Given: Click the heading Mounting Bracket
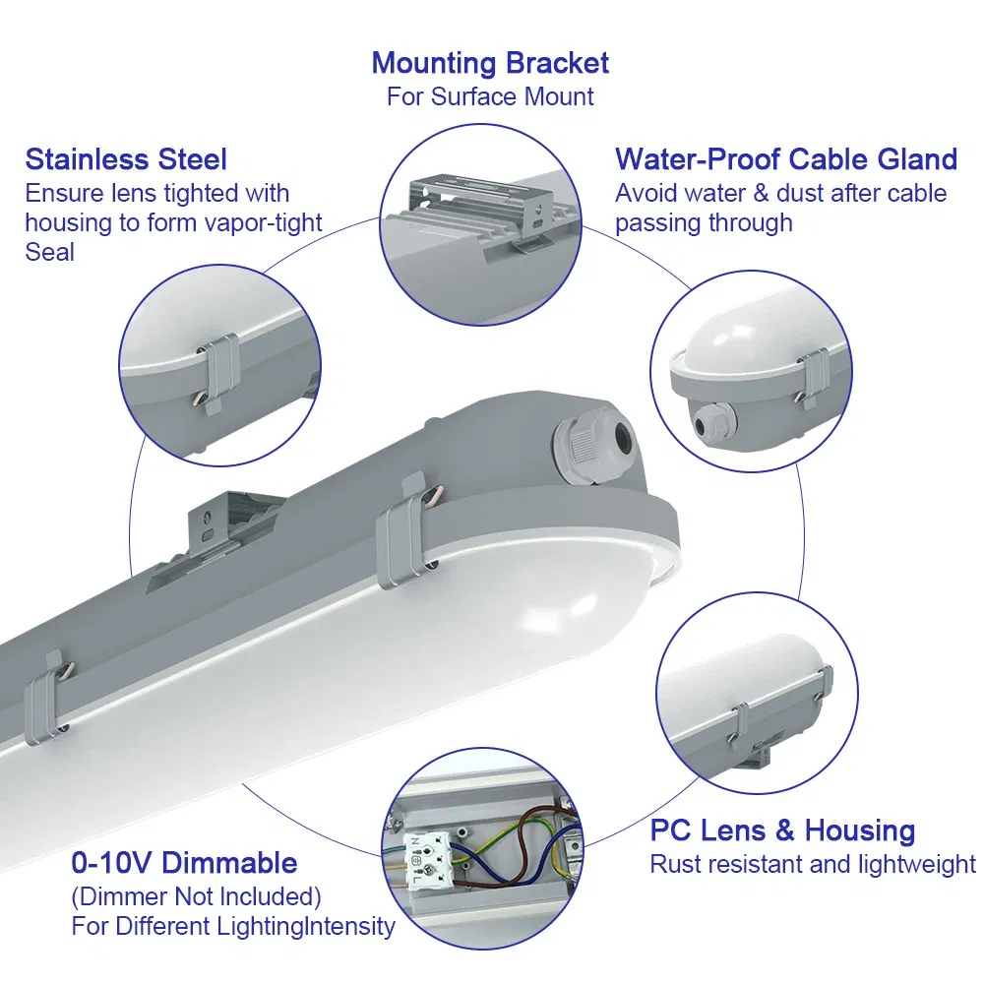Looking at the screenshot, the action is pyautogui.click(x=490, y=63).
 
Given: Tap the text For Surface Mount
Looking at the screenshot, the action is pyautogui.click(x=490, y=96).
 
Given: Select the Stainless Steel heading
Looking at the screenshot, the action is pyautogui.click(x=126, y=159).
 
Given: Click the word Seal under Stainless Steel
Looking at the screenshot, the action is pyautogui.click(x=49, y=252).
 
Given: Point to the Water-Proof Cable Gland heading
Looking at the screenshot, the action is pyautogui.click(x=786, y=159).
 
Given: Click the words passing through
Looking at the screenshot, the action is pyautogui.click(x=704, y=222).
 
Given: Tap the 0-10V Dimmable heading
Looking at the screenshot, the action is pyautogui.click(x=184, y=863).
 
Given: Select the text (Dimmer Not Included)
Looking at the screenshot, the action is pyautogui.click(x=196, y=896).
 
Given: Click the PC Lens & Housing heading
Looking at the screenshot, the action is pyautogui.click(x=782, y=830).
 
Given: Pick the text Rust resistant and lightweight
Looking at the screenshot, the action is pyautogui.click(x=813, y=864).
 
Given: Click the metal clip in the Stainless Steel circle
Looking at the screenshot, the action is pyautogui.click(x=217, y=372).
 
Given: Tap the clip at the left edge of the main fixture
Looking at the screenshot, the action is pyautogui.click(x=47, y=699).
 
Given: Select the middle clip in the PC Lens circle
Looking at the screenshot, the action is pyautogui.click(x=740, y=723).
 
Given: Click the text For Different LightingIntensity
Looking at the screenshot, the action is pyautogui.click(x=233, y=926).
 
